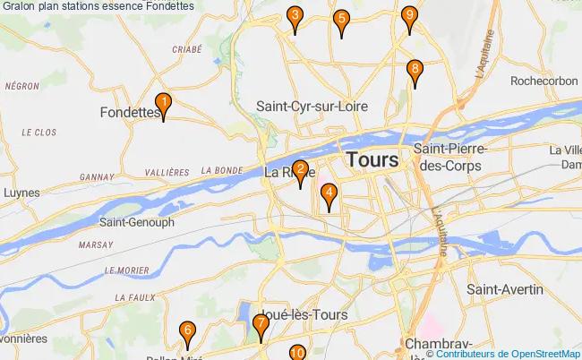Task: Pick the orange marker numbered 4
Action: tap(330, 193)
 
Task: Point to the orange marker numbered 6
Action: tap(186, 333)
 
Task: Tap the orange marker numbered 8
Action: tap(415, 71)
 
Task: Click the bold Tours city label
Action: tap(372, 160)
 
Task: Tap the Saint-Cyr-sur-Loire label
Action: tap(312, 106)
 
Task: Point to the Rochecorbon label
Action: tap(544, 81)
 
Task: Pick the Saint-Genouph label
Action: tap(136, 221)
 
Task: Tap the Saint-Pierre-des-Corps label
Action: tap(448, 157)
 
